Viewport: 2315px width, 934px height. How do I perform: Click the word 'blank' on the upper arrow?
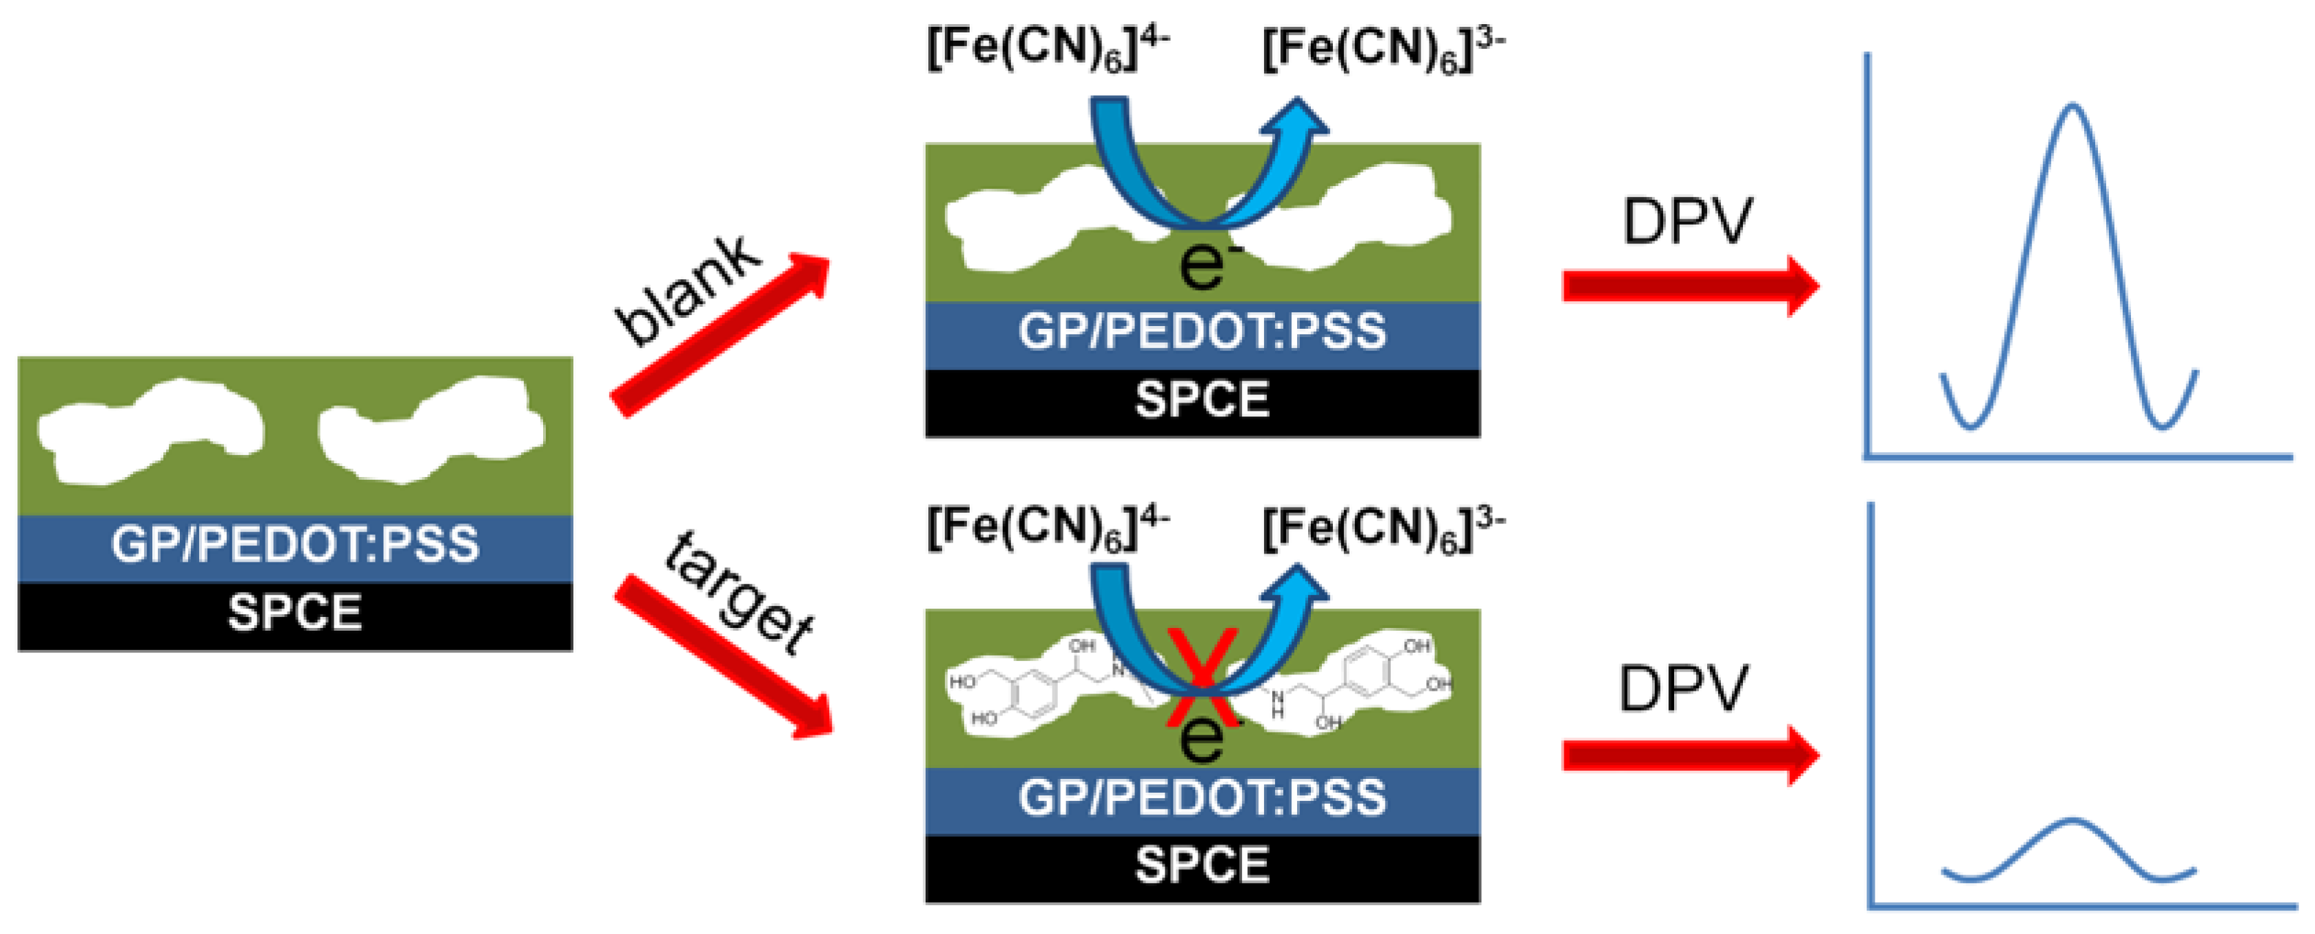(688, 290)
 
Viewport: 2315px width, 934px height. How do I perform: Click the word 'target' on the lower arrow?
(740, 593)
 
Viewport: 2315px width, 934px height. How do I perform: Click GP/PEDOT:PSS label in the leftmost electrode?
(295, 545)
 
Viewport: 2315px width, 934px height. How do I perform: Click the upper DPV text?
(1687, 221)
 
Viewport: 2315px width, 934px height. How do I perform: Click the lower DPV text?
(1683, 689)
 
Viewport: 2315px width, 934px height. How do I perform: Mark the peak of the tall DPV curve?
(2073, 106)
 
